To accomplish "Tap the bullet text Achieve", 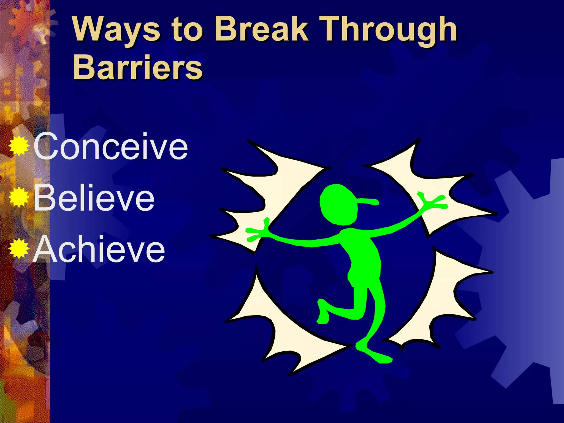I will [x=99, y=249].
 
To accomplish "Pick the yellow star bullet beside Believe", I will [x=19, y=197].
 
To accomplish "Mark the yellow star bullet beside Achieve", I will [x=19, y=249].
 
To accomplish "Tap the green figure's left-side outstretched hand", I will [x=257, y=231].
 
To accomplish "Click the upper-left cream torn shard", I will [x=264, y=193].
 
